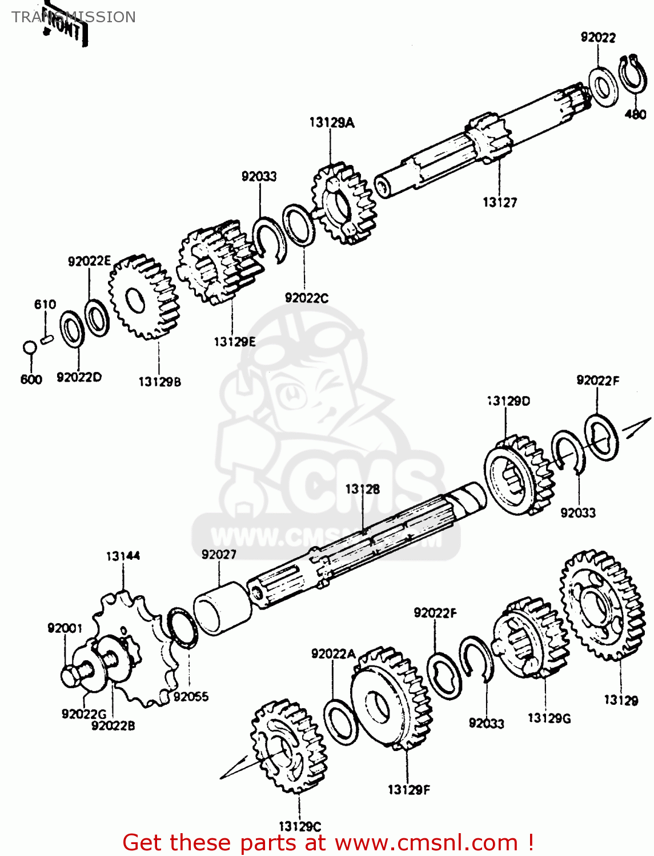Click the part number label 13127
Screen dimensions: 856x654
tap(500, 202)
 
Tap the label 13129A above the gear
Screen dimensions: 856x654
tap(332, 122)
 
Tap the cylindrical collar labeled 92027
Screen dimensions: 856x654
tap(223, 608)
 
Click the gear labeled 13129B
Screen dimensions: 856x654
tap(144, 297)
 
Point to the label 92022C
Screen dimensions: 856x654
tap(307, 298)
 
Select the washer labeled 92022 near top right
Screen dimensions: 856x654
tap(601, 86)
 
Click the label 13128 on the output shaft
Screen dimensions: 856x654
tap(362, 489)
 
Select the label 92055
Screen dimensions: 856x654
tap(191, 696)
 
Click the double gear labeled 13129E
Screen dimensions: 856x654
tap(220, 263)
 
